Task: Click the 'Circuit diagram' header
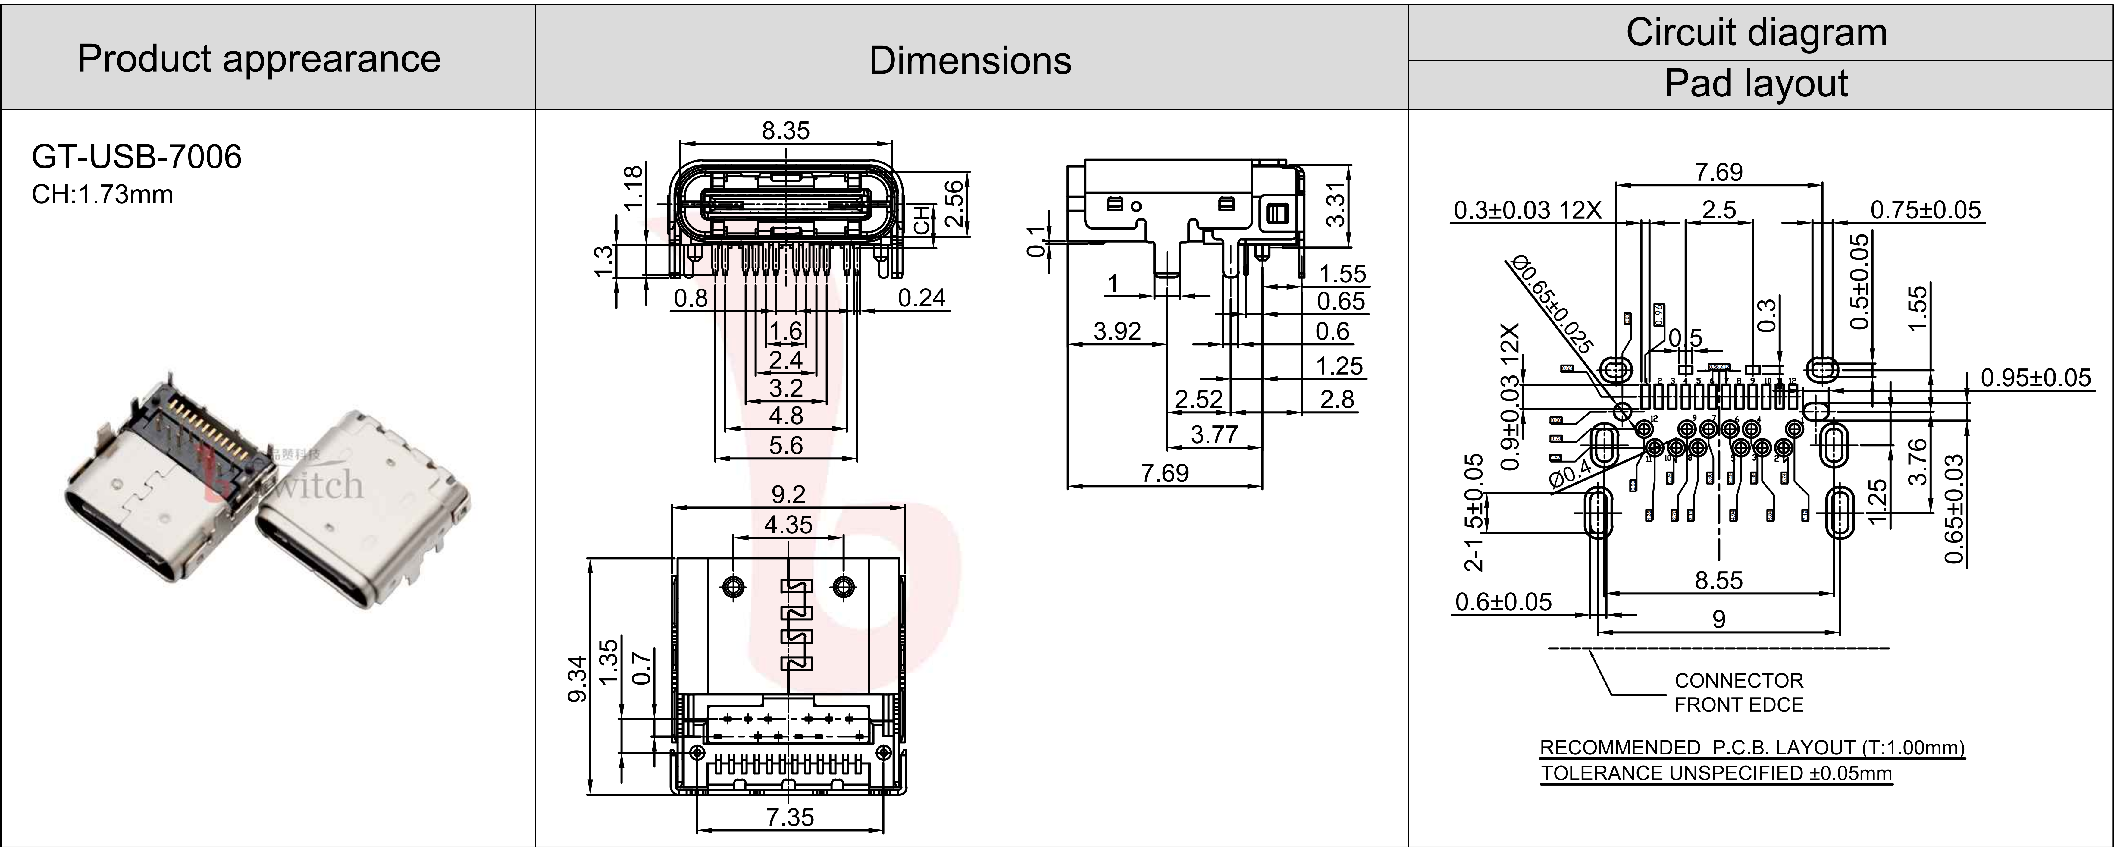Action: pos(1756,33)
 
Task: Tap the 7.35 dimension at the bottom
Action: pos(789,817)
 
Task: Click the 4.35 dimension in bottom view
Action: pos(788,525)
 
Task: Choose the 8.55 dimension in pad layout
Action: pos(1718,580)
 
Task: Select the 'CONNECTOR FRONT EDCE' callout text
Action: pos(1738,692)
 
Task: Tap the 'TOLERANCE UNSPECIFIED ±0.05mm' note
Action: pos(1716,773)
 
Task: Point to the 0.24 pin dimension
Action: pos(922,298)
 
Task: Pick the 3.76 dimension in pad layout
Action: pos(1918,461)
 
